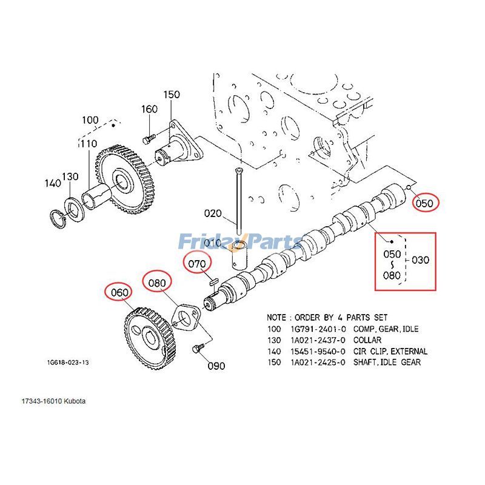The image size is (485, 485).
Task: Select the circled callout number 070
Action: [198, 264]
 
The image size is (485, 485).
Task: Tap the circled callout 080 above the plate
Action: [157, 283]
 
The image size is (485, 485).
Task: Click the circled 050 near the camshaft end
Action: [424, 203]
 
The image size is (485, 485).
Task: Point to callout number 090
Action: [216, 366]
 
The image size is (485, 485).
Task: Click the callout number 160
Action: [149, 109]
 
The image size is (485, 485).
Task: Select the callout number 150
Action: [172, 95]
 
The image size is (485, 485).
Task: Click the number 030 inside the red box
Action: [420, 260]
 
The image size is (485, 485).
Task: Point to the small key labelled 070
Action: [212, 279]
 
